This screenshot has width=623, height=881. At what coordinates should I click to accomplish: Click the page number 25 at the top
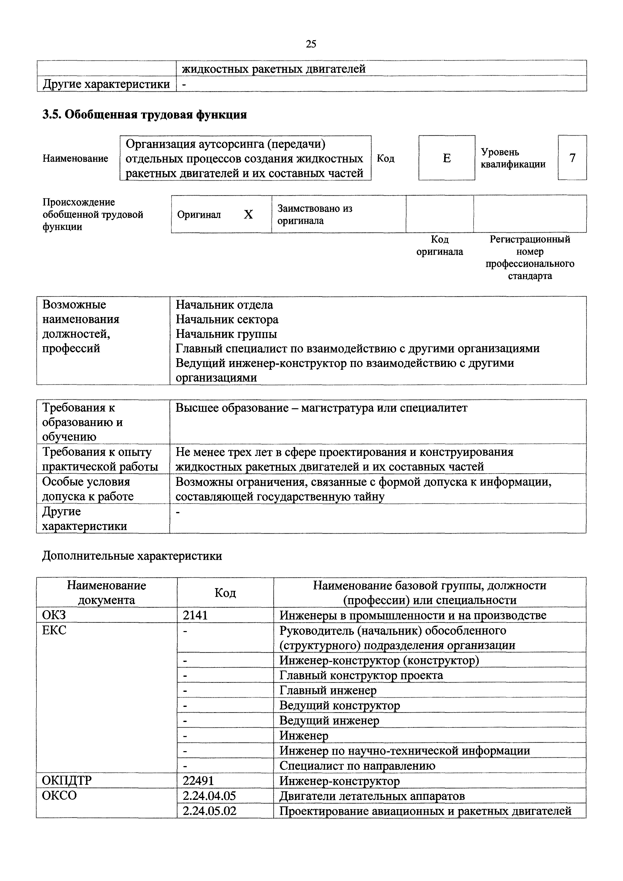[311, 44]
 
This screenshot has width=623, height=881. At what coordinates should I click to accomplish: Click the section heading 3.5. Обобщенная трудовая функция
[144, 115]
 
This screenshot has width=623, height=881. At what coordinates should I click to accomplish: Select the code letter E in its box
[447, 158]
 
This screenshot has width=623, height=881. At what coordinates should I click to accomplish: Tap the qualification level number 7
[572, 158]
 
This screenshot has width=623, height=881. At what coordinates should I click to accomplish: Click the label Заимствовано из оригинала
[315, 215]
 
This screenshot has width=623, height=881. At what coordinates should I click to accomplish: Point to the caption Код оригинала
[440, 246]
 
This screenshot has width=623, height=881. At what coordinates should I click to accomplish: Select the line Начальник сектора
[227, 319]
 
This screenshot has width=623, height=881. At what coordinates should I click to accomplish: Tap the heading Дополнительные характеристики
[132, 556]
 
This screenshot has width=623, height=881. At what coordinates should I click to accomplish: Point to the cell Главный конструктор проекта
[361, 675]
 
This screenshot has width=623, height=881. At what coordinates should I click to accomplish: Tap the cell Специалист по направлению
[357, 765]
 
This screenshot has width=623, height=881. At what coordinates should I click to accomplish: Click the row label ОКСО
[60, 795]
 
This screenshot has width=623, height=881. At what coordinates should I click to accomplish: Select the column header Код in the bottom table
[225, 593]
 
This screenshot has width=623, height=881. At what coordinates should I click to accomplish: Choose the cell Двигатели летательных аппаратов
[372, 796]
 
